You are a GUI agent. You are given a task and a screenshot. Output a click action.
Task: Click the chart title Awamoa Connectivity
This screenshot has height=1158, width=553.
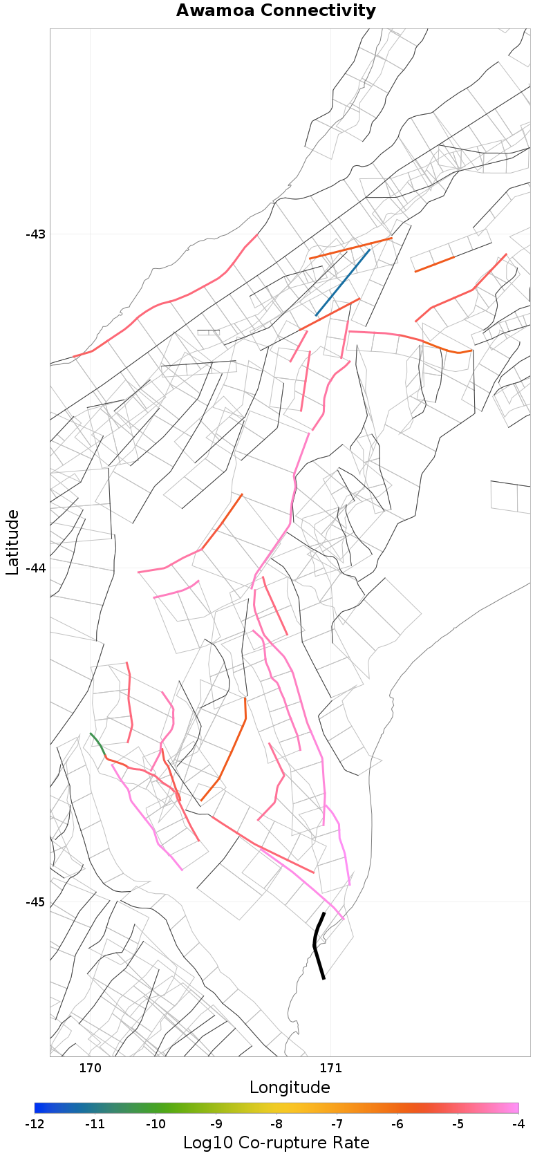pos(276,10)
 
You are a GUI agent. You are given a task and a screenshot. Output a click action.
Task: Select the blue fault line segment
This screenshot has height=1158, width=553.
pos(343,283)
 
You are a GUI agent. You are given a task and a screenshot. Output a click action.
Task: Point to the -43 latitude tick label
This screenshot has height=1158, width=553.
pos(35,234)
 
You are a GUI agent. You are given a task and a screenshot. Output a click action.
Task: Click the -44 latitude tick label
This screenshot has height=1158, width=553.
pos(35,568)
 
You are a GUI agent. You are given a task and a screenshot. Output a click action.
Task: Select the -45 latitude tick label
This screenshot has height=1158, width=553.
pos(35,902)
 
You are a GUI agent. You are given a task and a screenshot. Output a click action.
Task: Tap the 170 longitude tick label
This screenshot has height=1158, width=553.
pos(90,1068)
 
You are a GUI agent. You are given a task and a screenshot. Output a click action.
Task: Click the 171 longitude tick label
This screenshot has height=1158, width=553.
pos(330,1068)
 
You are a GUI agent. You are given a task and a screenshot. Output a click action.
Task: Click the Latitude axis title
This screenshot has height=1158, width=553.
pos(12,542)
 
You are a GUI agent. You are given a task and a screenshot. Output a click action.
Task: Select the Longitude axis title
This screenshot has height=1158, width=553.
pos(290,1087)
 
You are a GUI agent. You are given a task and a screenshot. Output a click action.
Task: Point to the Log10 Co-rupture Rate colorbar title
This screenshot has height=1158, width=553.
pos(276,1143)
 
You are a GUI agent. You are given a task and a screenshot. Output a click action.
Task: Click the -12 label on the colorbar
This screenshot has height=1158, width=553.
pos(35,1124)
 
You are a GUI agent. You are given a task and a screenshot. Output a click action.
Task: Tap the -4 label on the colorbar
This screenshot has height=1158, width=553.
pos(518,1124)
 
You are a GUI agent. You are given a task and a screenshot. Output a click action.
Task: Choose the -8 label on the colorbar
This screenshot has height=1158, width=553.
pos(276,1124)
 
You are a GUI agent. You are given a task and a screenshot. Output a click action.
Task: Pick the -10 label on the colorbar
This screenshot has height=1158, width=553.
pos(156,1124)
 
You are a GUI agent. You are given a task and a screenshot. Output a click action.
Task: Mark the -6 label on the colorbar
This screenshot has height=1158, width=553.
pos(397,1124)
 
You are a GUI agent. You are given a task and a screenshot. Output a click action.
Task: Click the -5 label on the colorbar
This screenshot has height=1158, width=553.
pos(458,1124)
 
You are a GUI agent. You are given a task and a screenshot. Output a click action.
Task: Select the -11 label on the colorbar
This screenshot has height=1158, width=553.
pos(95,1124)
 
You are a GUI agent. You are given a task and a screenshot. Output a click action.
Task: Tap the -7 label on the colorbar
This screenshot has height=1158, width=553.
pos(337,1124)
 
